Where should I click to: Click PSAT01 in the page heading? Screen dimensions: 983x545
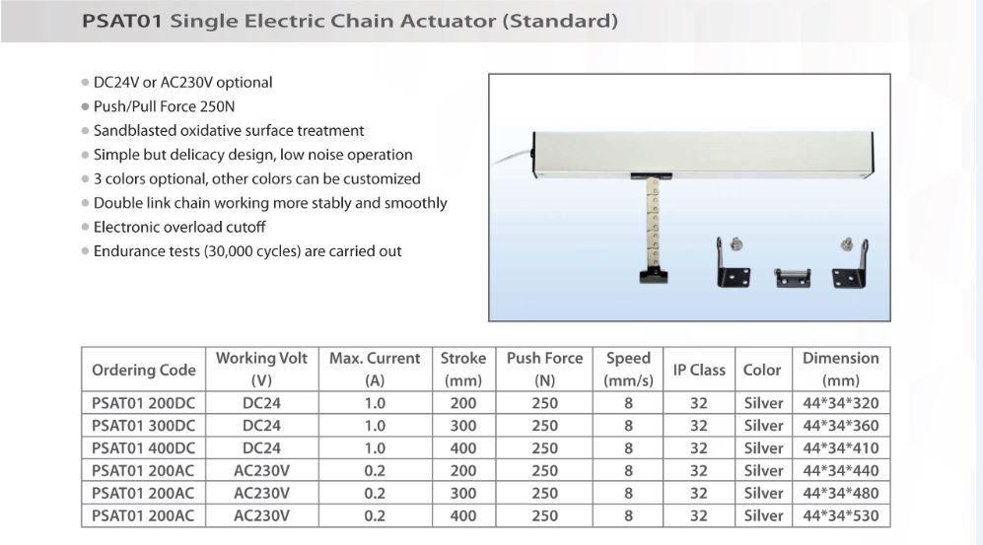coord(122,22)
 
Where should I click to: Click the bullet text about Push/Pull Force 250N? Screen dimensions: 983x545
coord(165,106)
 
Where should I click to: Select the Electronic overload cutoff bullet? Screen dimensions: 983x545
coord(179,227)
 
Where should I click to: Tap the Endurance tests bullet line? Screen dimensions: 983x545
coord(247,251)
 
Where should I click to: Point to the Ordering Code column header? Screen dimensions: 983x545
coord(144,370)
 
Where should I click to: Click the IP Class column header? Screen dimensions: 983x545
coord(699,370)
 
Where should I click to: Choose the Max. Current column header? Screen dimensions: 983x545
coord(375,369)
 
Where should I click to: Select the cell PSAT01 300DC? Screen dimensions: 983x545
coord(144,426)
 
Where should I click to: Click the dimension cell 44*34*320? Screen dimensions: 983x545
coord(841,403)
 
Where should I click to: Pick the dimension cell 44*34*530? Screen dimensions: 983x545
coord(841,515)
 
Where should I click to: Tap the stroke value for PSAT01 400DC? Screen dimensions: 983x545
coord(463,447)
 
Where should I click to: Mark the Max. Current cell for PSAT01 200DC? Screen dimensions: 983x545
coord(375,403)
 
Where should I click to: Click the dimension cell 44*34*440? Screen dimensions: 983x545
coord(841,470)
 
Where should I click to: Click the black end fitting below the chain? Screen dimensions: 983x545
coord(654,275)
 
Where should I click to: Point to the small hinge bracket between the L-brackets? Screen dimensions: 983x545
coord(793,278)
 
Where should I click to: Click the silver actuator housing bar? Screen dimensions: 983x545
coord(702,154)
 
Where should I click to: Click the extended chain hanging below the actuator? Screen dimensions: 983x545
coord(653,223)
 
